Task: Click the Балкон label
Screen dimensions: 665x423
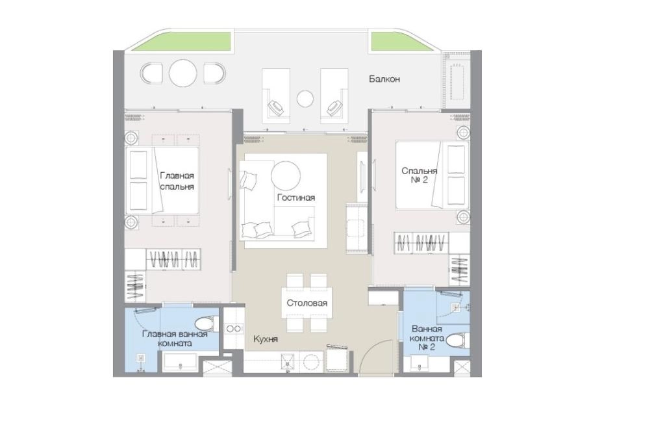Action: click(x=384, y=79)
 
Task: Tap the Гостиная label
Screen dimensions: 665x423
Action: click(x=296, y=198)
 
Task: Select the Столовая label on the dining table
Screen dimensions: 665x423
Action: click(x=307, y=303)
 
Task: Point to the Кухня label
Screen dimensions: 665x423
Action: click(x=266, y=339)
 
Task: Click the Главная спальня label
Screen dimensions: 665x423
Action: click(x=177, y=181)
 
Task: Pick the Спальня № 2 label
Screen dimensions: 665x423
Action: click(x=419, y=175)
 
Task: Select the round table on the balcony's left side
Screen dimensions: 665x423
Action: click(x=183, y=73)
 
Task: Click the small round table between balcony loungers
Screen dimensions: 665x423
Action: click(x=305, y=99)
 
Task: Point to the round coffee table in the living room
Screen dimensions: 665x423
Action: click(x=286, y=175)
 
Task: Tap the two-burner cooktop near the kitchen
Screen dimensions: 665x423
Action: click(x=233, y=329)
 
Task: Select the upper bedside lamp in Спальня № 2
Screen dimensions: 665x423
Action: click(x=463, y=133)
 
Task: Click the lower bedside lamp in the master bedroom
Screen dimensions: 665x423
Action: click(x=131, y=222)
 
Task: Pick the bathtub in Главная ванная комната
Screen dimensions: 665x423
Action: click(x=180, y=363)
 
